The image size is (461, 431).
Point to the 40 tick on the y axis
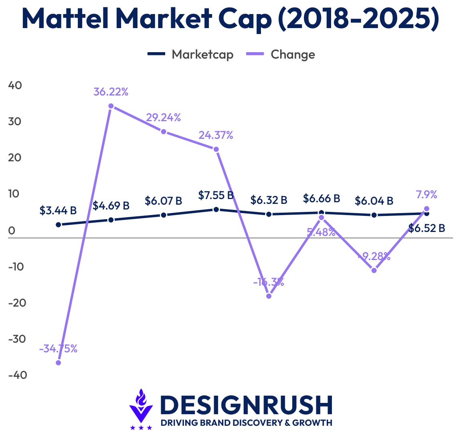[x=15, y=85]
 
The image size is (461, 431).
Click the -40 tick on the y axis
[x=18, y=375]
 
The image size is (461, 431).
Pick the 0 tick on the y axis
[x=12, y=230]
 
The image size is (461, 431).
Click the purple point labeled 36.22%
[x=111, y=106]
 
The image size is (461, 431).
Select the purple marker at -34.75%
[x=59, y=363]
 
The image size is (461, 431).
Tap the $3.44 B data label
[x=58, y=210]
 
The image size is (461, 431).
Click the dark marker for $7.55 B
[x=216, y=209]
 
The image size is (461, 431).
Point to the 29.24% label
[x=163, y=118]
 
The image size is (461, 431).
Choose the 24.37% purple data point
[x=216, y=149]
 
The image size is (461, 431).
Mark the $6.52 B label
[x=427, y=228]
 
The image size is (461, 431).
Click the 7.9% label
[x=427, y=195]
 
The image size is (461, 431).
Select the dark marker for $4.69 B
[x=111, y=220]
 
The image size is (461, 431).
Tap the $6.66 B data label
[x=321, y=198]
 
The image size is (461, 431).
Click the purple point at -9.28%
[x=374, y=270]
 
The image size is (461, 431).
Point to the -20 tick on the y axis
[x=18, y=303]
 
